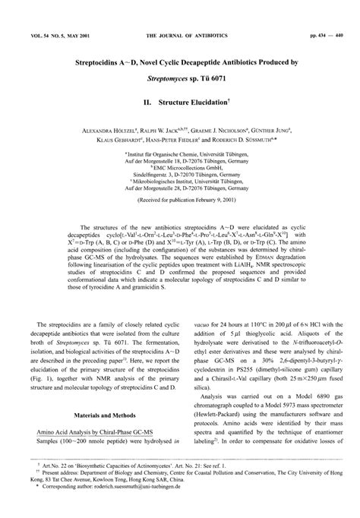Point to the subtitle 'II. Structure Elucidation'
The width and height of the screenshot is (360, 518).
(179, 100)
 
